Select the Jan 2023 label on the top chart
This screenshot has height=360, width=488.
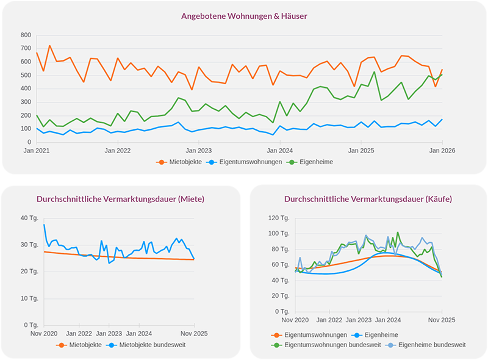(x=199, y=149)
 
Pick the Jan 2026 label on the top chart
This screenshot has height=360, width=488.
(x=442, y=149)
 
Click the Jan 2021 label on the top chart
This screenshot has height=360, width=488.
(x=37, y=149)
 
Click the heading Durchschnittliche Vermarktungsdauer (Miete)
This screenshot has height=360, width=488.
(x=120, y=199)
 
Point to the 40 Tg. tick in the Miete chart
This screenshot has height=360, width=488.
(x=29, y=218)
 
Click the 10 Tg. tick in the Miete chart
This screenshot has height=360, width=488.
(x=29, y=298)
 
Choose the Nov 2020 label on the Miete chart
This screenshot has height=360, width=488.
(x=44, y=334)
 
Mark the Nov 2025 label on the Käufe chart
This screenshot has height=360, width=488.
(x=441, y=320)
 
